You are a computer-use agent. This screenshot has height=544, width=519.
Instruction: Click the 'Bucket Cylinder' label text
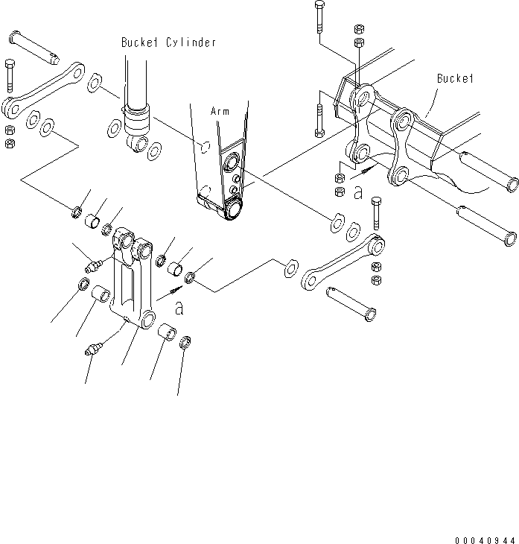tap(168, 42)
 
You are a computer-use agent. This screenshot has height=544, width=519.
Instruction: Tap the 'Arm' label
tap(220, 111)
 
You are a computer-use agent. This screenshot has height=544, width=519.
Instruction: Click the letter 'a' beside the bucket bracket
tap(358, 193)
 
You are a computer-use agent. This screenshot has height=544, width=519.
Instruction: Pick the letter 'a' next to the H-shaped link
tap(179, 306)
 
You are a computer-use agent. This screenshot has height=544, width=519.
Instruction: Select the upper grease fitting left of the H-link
tap(95, 263)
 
